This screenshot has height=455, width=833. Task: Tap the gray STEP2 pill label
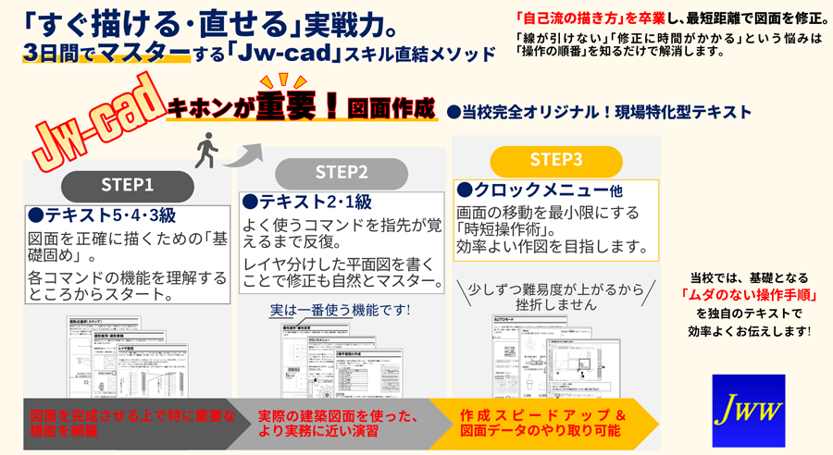coord(342,172)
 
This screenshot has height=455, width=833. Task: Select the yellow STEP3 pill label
coord(556,159)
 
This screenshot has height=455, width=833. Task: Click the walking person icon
coord(205,150)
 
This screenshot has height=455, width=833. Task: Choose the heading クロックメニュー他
coord(540,190)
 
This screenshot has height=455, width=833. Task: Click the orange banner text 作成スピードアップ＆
coord(543,415)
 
